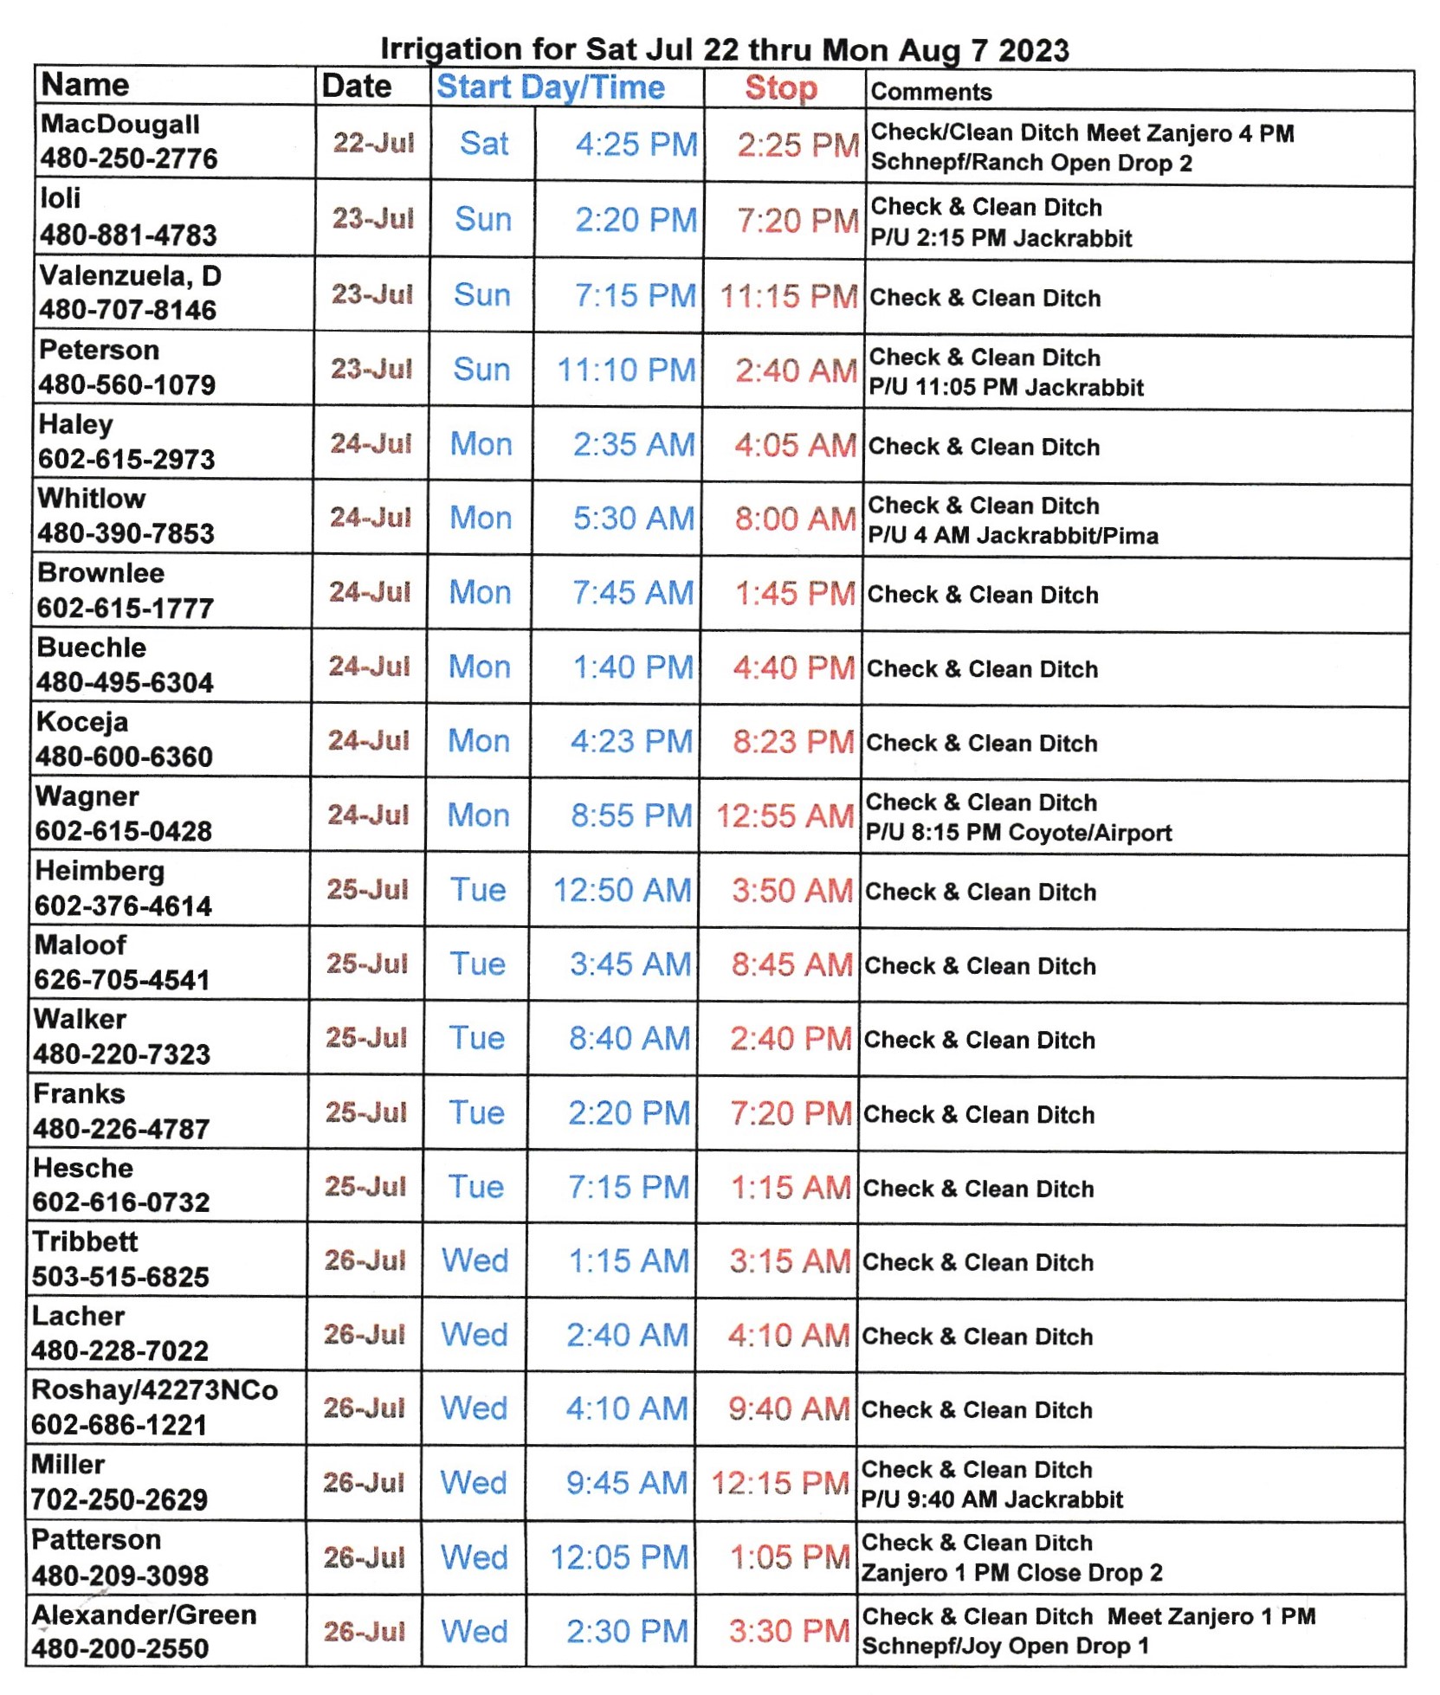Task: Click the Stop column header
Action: (x=780, y=88)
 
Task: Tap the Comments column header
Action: (x=931, y=92)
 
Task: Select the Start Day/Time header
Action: (x=551, y=87)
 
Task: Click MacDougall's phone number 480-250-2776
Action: (x=129, y=158)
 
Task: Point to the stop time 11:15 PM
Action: (x=789, y=296)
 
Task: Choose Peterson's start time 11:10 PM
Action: (x=626, y=371)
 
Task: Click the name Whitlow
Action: (x=92, y=499)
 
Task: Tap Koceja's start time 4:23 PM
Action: (x=631, y=742)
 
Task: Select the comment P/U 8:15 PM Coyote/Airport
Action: (x=1018, y=833)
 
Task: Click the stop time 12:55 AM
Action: (x=785, y=816)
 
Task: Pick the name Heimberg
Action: (x=100, y=871)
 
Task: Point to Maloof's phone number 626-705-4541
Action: (x=122, y=980)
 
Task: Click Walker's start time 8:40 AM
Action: (x=629, y=1039)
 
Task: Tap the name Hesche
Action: (x=83, y=1168)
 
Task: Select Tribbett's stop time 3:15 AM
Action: (x=790, y=1261)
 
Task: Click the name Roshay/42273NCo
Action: (x=155, y=1390)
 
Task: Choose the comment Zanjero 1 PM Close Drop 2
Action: (x=1011, y=1573)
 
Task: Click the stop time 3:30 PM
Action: (x=789, y=1632)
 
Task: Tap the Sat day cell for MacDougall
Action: (x=483, y=144)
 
